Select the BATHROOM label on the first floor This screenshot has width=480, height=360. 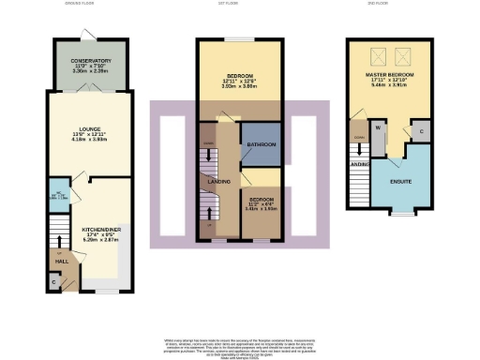pos(260,145)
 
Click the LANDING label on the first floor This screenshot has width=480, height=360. pos(219,180)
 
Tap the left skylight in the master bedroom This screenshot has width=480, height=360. pos(380,54)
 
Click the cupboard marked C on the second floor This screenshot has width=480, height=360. pos(422,132)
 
